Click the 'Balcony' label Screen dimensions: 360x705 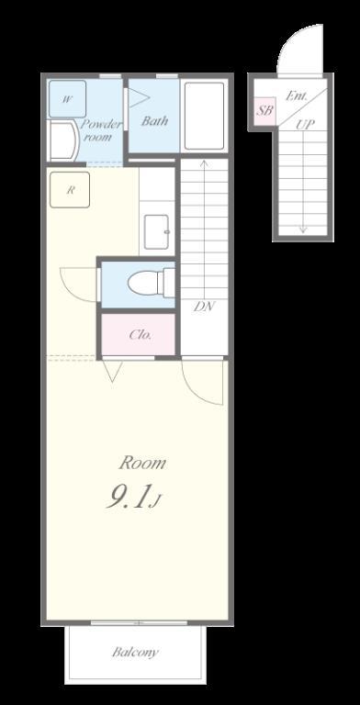click(x=135, y=652)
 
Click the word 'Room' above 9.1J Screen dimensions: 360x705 click(x=142, y=463)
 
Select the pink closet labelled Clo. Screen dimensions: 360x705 click(x=138, y=334)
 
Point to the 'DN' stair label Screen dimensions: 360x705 click(x=204, y=307)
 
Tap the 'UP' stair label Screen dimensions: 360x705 click(x=305, y=125)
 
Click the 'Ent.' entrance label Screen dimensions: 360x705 click(x=297, y=95)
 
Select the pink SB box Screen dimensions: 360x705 click(x=264, y=110)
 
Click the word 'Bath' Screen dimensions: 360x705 click(x=154, y=120)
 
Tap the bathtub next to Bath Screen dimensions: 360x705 click(x=204, y=116)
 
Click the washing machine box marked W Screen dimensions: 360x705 click(x=68, y=99)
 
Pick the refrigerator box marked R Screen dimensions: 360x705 click(x=70, y=190)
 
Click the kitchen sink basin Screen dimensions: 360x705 click(x=156, y=231)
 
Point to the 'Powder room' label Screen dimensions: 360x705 click(x=101, y=130)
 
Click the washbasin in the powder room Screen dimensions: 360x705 click(x=62, y=140)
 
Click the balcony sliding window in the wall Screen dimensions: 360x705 click(x=139, y=622)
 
